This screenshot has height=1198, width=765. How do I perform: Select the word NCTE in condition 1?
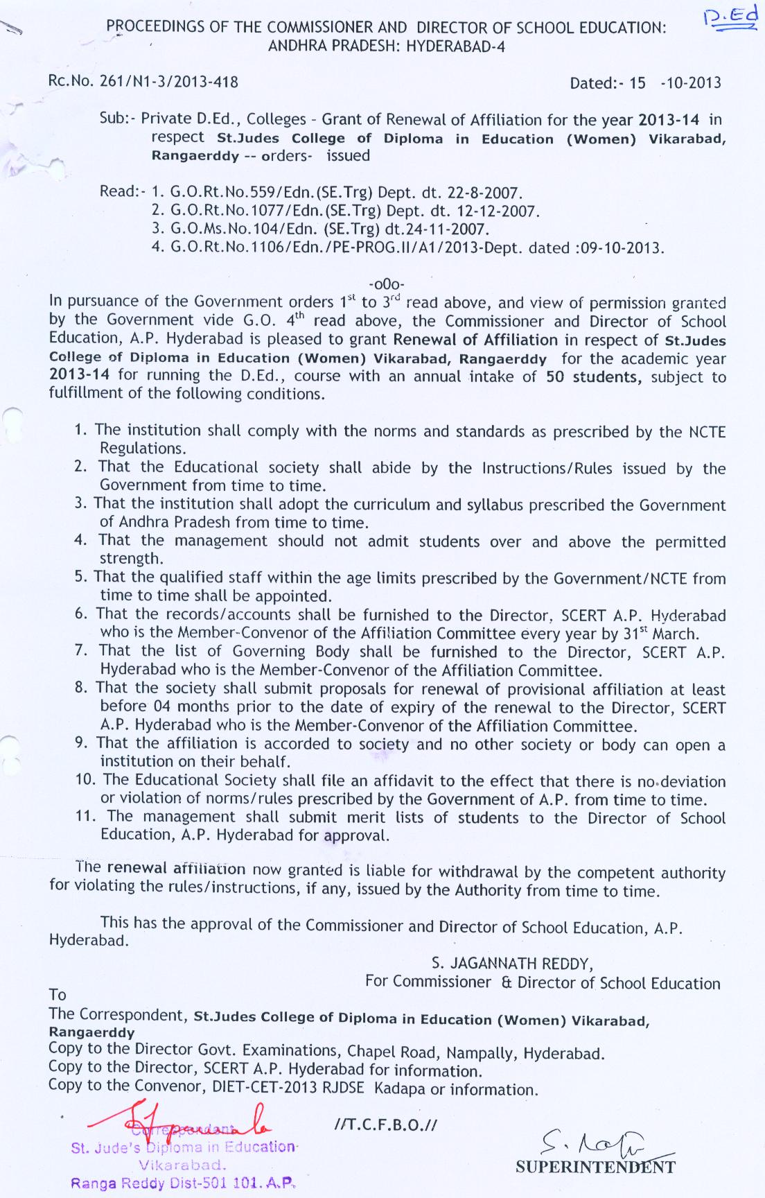pyautogui.click(x=707, y=432)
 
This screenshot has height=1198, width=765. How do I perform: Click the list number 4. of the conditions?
pyautogui.click(x=80, y=541)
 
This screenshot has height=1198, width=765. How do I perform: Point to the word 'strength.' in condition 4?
pyautogui.click(x=130, y=559)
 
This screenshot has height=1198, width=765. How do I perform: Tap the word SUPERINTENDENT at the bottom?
pyautogui.click(x=595, y=1167)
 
